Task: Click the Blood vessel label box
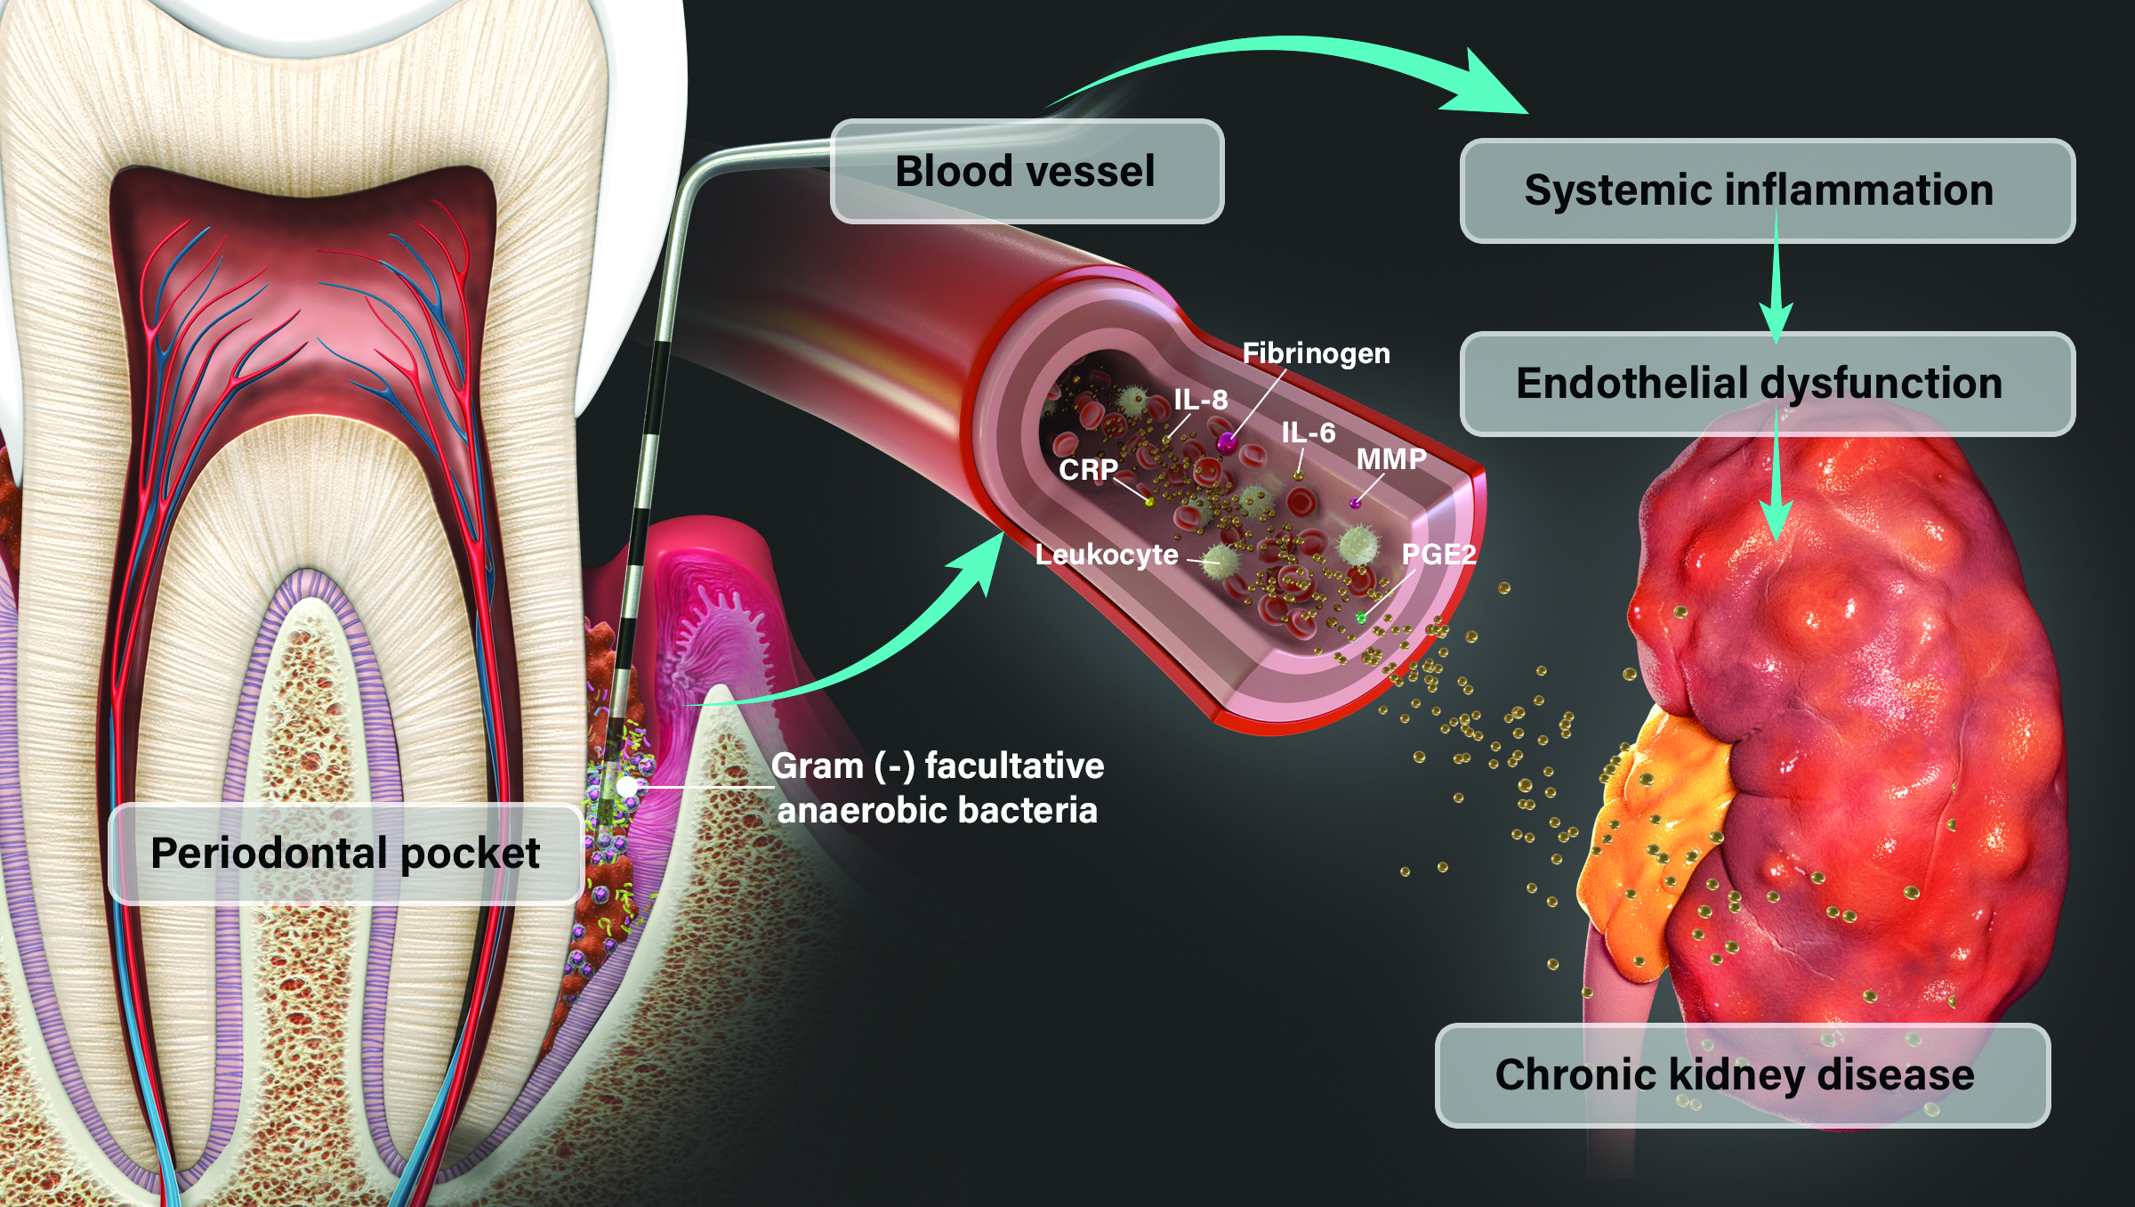point(1027,171)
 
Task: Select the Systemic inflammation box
point(1767,190)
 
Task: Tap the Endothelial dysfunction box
point(1767,383)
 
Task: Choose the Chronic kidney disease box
point(1742,1075)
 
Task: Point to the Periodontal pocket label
point(345,853)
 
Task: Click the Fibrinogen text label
point(1316,353)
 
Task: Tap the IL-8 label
point(1200,400)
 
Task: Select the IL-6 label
point(1308,433)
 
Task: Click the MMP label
point(1390,459)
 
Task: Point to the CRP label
point(1087,469)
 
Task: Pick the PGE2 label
point(1438,555)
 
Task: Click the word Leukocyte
point(1106,555)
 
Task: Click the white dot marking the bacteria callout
point(628,787)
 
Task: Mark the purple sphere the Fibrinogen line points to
point(1228,441)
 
